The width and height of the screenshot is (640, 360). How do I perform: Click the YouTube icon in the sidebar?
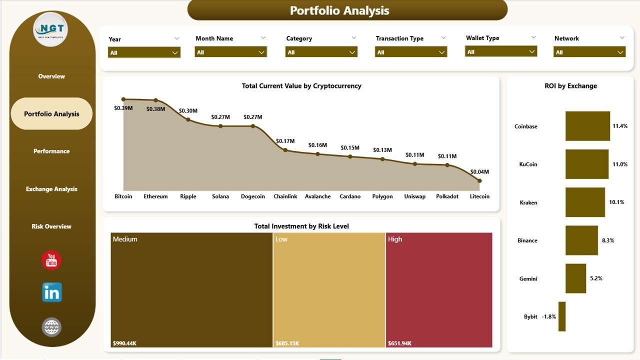[x=51, y=260]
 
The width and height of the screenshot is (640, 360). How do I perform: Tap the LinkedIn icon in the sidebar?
[x=52, y=292]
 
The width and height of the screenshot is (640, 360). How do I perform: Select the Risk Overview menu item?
[x=51, y=226]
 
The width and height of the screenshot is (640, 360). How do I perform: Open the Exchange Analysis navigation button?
[x=51, y=189]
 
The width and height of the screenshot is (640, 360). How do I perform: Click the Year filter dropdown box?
[x=144, y=52]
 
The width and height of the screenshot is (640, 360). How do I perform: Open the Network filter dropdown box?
[x=589, y=52]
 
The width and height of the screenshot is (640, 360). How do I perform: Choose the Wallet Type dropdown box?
[x=501, y=51]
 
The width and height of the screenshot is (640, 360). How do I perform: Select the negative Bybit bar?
[x=562, y=316]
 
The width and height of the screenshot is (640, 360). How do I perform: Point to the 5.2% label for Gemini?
[x=596, y=278]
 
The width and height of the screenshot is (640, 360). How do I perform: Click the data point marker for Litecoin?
[x=479, y=180]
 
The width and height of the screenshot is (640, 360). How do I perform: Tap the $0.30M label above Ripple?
[x=188, y=110]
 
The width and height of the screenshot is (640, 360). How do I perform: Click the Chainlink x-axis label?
[x=285, y=196]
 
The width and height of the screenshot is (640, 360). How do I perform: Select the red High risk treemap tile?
[x=439, y=290]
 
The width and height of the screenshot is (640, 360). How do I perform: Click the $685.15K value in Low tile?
[x=287, y=343]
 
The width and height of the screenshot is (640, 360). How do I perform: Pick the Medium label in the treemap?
[x=125, y=239]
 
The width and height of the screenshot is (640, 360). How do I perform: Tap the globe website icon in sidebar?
[x=52, y=327]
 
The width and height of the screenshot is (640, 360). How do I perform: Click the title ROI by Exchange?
[x=570, y=86]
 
